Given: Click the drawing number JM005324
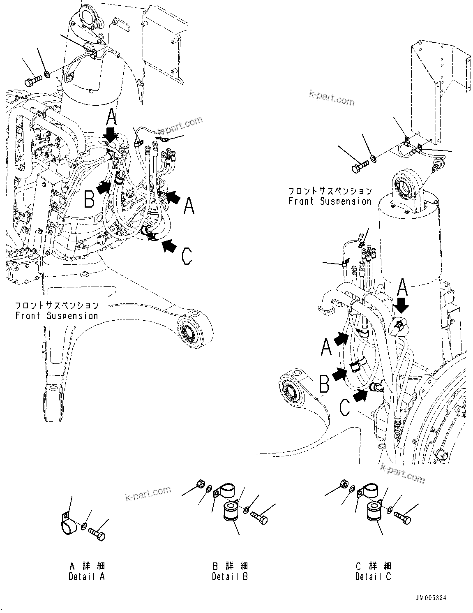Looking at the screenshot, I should pos(430,598).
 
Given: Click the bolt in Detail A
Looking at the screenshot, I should pos(97,535).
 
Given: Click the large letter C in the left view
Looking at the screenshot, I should pos(187,257).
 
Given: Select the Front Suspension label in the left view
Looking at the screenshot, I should pos(57,311).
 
